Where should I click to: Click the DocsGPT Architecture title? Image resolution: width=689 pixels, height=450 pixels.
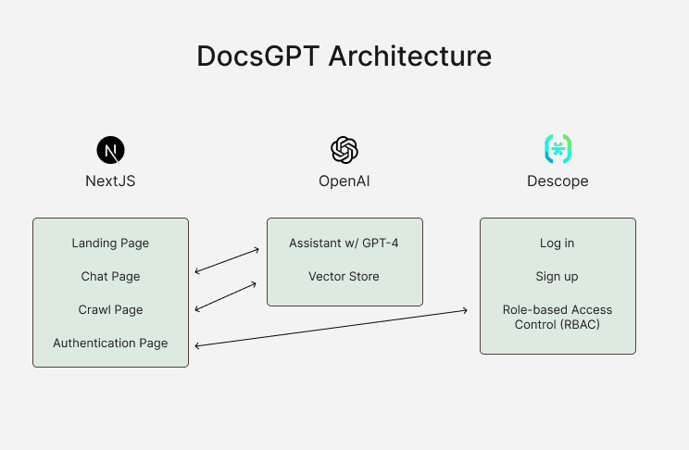(344, 56)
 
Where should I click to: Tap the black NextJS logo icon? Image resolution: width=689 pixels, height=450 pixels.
(110, 149)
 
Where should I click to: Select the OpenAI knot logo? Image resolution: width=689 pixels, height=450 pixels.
(344, 149)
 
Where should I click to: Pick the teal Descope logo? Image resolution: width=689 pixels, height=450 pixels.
(557, 148)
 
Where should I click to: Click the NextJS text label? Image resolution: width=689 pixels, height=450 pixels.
(110, 181)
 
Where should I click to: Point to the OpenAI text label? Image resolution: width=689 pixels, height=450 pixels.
(344, 181)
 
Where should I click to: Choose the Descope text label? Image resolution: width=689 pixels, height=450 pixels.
(557, 181)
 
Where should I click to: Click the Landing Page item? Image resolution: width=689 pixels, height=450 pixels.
(110, 244)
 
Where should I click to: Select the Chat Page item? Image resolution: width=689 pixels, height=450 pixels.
(110, 277)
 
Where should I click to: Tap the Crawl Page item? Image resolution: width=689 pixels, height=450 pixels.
(110, 310)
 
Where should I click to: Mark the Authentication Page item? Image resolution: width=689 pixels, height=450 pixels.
(110, 344)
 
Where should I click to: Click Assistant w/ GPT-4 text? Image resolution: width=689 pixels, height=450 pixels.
(344, 244)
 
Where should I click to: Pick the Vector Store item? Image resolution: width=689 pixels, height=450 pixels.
(344, 277)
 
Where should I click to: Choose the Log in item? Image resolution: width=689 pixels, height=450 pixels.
(557, 244)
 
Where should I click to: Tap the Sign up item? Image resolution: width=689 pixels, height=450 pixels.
(557, 277)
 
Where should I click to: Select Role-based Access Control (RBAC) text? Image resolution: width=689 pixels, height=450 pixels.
(557, 317)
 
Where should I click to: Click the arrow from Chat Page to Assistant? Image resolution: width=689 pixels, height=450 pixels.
(226, 261)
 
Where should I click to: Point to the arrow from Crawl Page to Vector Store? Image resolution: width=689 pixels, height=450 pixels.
(226, 297)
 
